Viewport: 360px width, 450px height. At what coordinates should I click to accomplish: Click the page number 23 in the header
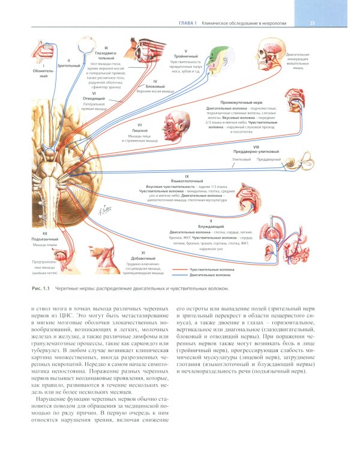click(x=313, y=23)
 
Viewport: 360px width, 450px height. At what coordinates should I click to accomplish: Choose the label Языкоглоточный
click(x=187, y=181)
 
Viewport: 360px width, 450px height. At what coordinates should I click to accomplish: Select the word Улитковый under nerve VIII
click(x=240, y=160)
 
